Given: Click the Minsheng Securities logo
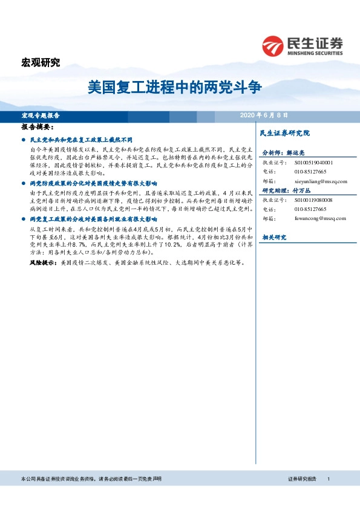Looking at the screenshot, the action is (303, 45).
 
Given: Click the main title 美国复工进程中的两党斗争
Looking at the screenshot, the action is (174, 86).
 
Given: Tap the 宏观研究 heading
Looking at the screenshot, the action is (41, 62).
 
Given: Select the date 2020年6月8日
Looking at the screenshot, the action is (264, 115).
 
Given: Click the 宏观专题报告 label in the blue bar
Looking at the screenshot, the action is (41, 115).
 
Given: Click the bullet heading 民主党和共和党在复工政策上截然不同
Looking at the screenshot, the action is (85, 139).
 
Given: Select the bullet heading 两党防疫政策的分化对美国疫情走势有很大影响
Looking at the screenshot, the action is (93, 182).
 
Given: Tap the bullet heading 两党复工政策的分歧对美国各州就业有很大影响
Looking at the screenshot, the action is (93, 219).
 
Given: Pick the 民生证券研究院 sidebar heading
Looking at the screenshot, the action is (284, 132).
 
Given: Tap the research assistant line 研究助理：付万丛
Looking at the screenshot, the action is (287, 190).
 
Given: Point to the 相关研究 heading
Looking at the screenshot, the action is (273, 238).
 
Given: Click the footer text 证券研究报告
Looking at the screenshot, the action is (302, 478).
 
